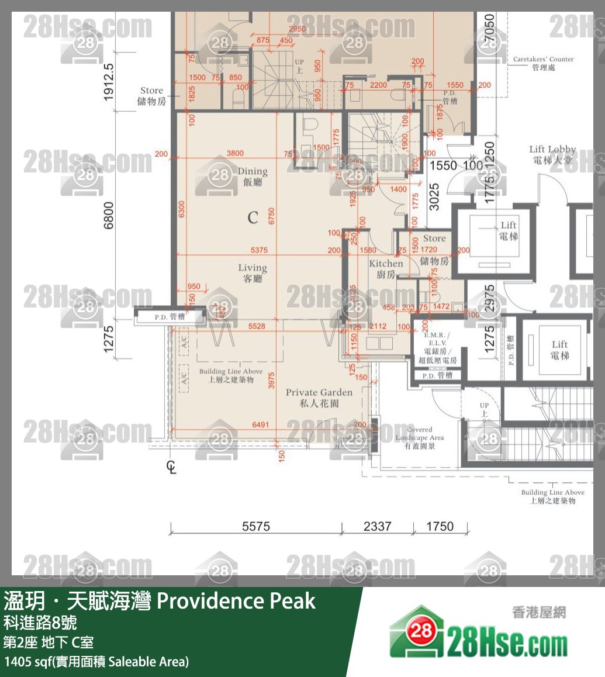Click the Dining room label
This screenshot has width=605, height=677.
coord(253,177)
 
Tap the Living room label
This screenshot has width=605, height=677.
coord(253,273)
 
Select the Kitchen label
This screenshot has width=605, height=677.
coord(386,269)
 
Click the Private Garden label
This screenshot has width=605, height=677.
coord(319,398)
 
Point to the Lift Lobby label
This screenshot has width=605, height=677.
coord(552,154)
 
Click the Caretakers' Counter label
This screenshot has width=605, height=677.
coord(543,63)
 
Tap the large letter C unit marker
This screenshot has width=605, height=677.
coord(253,218)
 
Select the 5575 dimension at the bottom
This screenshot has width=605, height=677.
coord(256,526)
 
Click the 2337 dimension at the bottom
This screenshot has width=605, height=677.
coord(377,526)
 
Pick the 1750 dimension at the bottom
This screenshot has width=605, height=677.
coord(440,526)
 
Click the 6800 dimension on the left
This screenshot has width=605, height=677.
coord(109,216)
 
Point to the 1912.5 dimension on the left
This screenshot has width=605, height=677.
coord(109,82)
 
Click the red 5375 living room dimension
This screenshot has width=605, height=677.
coord(258,250)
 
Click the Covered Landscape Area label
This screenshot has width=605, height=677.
coord(419,438)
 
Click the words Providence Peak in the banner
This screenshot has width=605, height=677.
coord(237,600)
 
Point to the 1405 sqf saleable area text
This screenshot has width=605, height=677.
coord(96,662)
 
